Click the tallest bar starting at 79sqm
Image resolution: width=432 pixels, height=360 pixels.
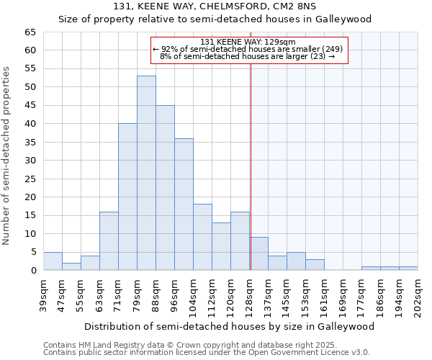click(146, 173)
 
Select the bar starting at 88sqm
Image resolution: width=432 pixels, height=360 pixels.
click(165, 187)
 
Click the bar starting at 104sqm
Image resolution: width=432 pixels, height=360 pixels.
click(202, 237)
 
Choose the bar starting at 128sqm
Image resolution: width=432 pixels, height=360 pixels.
click(259, 253)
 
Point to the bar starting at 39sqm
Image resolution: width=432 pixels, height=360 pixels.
click(53, 261)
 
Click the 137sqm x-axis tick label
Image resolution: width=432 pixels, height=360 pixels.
click(268, 294)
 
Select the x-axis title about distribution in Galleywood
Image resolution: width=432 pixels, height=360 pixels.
click(229, 326)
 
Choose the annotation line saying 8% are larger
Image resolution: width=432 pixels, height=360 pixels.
click(248, 56)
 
